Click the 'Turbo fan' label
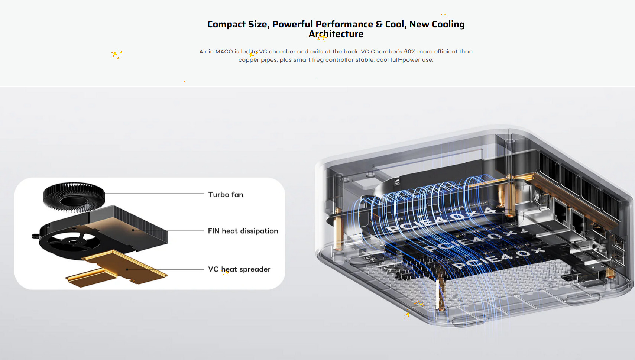click(226, 194)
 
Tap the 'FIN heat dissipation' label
click(243, 231)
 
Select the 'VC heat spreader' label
click(239, 269)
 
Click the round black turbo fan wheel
click(74, 197)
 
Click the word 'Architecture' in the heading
click(336, 34)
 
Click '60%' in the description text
click(409, 52)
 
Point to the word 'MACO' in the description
click(224, 52)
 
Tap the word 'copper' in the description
click(249, 60)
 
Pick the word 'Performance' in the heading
click(344, 25)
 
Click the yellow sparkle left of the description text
click(116, 54)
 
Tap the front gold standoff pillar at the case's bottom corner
click(441, 293)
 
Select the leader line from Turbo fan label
click(154, 194)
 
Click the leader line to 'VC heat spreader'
click(165, 269)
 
